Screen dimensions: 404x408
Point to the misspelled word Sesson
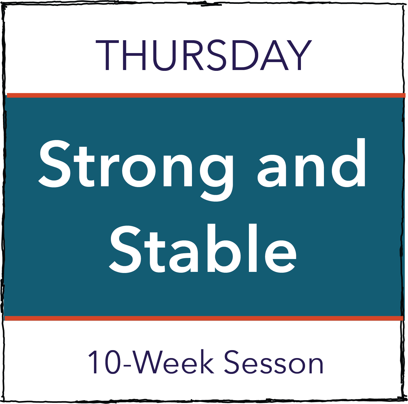click(274, 363)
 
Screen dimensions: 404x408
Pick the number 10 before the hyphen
click(104, 363)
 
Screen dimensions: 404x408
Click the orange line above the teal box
click(205, 95)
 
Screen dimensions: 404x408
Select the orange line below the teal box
click(204, 318)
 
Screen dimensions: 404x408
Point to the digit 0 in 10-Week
click(112, 363)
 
